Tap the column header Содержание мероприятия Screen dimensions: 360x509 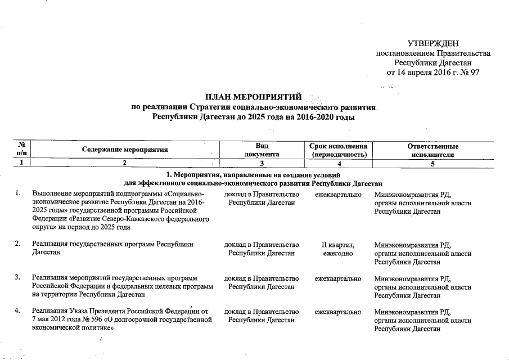pos(125,150)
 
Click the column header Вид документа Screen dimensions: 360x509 pos(262,150)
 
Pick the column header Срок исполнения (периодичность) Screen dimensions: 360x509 pos(338,150)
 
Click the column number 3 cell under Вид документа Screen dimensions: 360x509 pos(262,163)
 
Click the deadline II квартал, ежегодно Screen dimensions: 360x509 pos(338,249)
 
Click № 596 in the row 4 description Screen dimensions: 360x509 pos(88,319)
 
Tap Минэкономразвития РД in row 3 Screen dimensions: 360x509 pos(413,278)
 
